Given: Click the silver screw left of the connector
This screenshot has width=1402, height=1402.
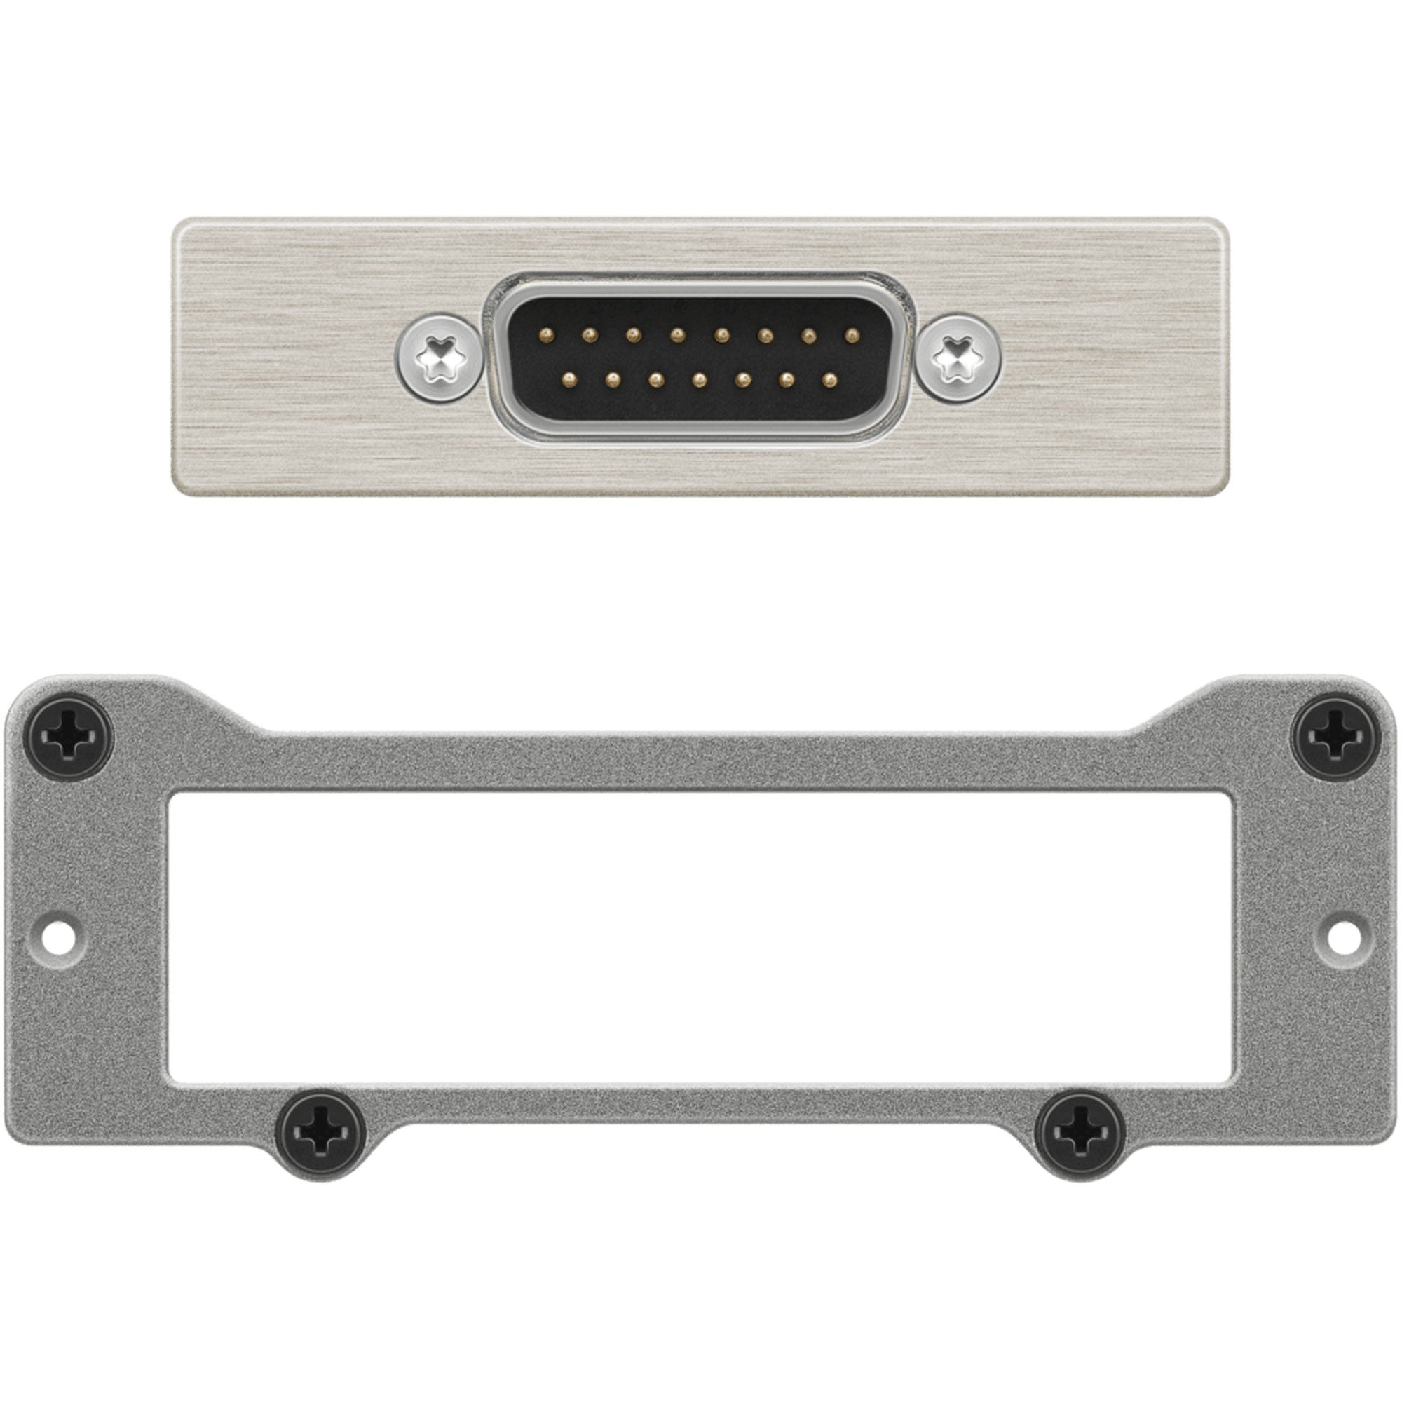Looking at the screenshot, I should click(440, 357).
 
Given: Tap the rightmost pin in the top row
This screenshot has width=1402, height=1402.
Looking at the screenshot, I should click(852, 334).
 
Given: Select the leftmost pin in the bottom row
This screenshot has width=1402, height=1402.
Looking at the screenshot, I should click(569, 378).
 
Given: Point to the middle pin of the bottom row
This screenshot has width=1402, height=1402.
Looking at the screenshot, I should click(700, 378).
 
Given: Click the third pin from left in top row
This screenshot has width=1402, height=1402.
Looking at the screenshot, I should click(634, 334).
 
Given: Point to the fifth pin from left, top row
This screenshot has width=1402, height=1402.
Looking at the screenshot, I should click(721, 334).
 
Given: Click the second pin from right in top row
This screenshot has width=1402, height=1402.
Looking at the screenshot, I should click(808, 334).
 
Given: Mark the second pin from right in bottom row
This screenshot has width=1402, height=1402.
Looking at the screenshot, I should click(787, 378).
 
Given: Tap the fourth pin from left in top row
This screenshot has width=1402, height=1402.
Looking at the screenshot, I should click(678, 334).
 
